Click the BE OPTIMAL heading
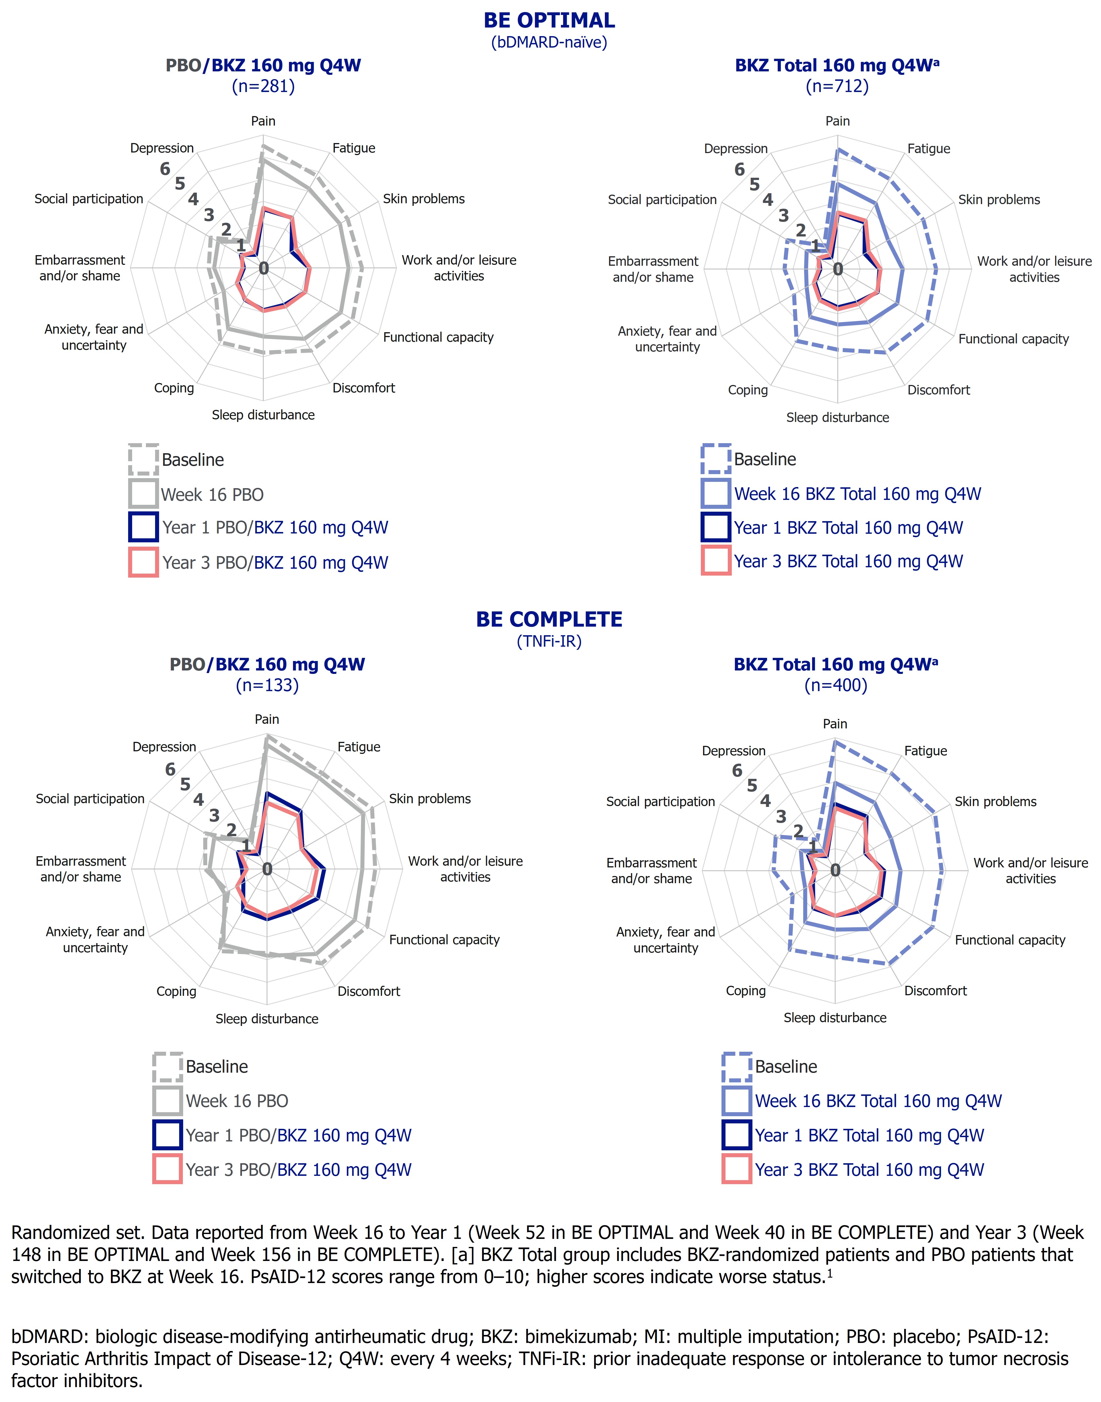[549, 21]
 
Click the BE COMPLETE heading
[549, 619]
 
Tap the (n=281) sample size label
[263, 86]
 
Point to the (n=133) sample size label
[267, 685]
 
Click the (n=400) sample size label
[835, 685]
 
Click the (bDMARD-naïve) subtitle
[549, 42]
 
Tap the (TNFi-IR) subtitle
[549, 641]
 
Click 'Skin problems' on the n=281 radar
[423, 199]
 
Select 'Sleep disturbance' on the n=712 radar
[837, 418]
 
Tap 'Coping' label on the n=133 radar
[176, 992]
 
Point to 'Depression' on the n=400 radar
[734, 751]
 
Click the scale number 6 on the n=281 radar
[165, 169]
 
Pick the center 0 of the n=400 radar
[835, 870]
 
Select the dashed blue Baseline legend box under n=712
[715, 459]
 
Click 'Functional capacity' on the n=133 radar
[444, 940]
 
